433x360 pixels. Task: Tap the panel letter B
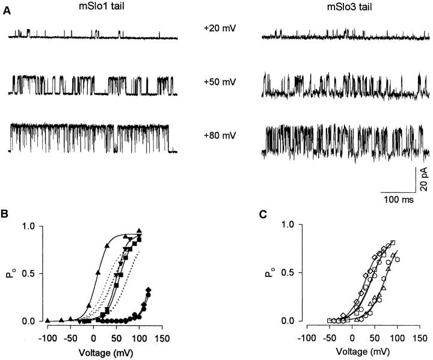[5, 212]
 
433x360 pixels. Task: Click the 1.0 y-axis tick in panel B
[30, 226]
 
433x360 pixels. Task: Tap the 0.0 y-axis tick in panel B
[30, 322]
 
